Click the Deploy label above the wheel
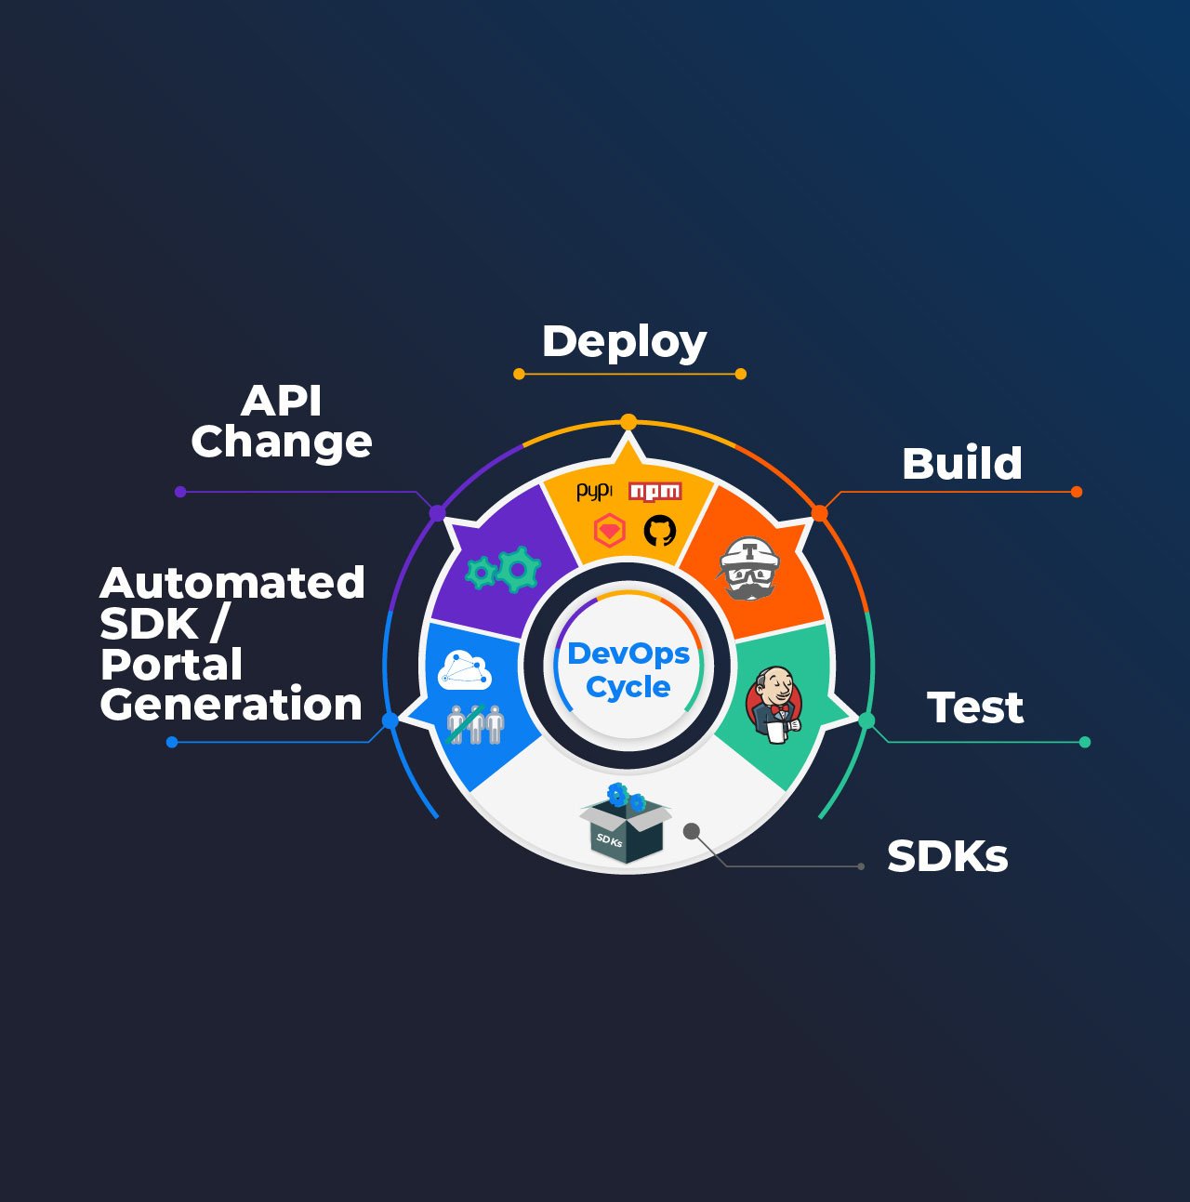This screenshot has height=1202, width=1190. pos(624,342)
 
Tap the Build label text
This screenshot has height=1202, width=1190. pos(961,463)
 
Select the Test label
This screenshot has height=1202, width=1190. pos(974,707)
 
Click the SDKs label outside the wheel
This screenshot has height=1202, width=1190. pos(946,856)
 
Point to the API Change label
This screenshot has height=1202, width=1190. pos(281,421)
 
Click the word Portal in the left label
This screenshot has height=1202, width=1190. pos(171,665)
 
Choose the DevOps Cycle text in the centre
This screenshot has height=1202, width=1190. pos(628,670)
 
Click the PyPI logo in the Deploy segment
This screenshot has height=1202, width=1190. pos(594,492)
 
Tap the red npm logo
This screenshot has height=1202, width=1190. pos(655,491)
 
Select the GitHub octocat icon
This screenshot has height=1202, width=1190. pos(659,531)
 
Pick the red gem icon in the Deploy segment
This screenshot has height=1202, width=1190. pos(609,531)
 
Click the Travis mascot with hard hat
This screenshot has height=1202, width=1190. pos(748,567)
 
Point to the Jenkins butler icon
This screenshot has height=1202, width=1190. pos(773,704)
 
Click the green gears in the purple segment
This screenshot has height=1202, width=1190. pos(503,570)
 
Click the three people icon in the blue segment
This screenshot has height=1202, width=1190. pos(475,724)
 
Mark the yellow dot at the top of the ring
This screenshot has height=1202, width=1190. pos(628,422)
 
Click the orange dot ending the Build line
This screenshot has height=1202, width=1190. pos(1077,492)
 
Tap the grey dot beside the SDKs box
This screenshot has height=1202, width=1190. pos(692,831)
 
